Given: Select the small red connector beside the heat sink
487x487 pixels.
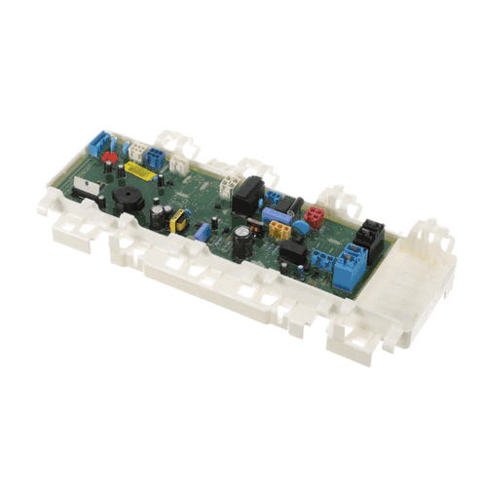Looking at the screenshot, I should tap(110, 156).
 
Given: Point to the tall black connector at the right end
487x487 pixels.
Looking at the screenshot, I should tap(369, 237).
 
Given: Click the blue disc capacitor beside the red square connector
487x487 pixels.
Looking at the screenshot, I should tap(299, 225).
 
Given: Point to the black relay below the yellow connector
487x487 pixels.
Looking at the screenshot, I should tap(291, 255).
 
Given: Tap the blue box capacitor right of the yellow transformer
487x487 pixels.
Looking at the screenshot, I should tap(202, 233).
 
